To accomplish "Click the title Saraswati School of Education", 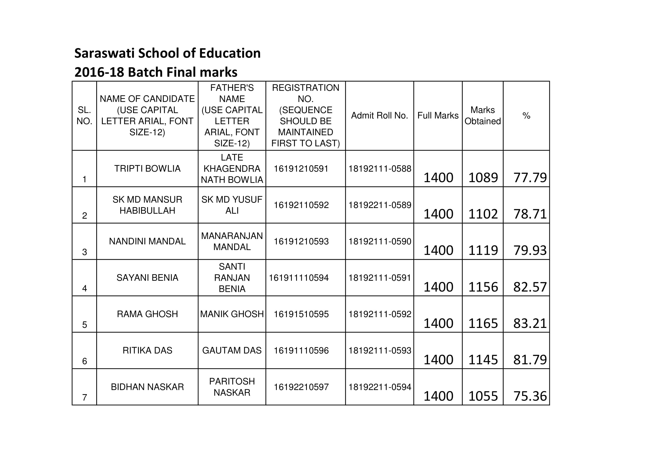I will click(167, 53).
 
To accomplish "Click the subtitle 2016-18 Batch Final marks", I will click(156, 72).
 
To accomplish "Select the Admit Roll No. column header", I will click(380, 115).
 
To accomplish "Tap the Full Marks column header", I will click(438, 115).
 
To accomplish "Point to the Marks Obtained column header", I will click(482, 115).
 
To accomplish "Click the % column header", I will click(526, 116).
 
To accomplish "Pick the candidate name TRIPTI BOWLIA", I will click(147, 169).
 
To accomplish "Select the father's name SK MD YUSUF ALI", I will click(232, 205).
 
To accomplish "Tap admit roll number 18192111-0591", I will click(380, 278).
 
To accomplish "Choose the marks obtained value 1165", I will click(483, 323).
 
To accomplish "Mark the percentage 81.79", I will click(530, 360).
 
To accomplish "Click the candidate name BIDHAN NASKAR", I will click(147, 387).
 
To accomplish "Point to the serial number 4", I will click(84, 288).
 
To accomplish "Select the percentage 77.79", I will click(530, 177).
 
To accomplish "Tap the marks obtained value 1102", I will click(483, 214).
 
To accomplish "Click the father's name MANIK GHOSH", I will click(232, 314).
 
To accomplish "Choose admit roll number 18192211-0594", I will click(380, 387).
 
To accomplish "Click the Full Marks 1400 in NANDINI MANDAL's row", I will click(438, 250).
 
